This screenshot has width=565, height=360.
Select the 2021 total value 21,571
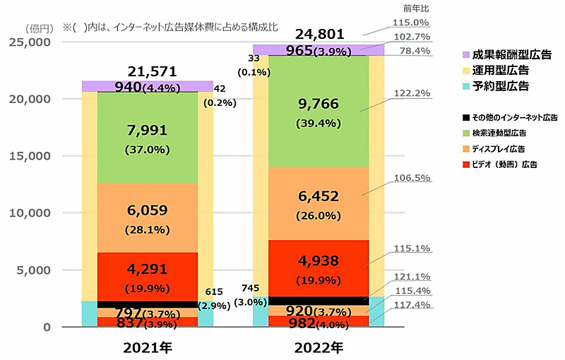(148, 71)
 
